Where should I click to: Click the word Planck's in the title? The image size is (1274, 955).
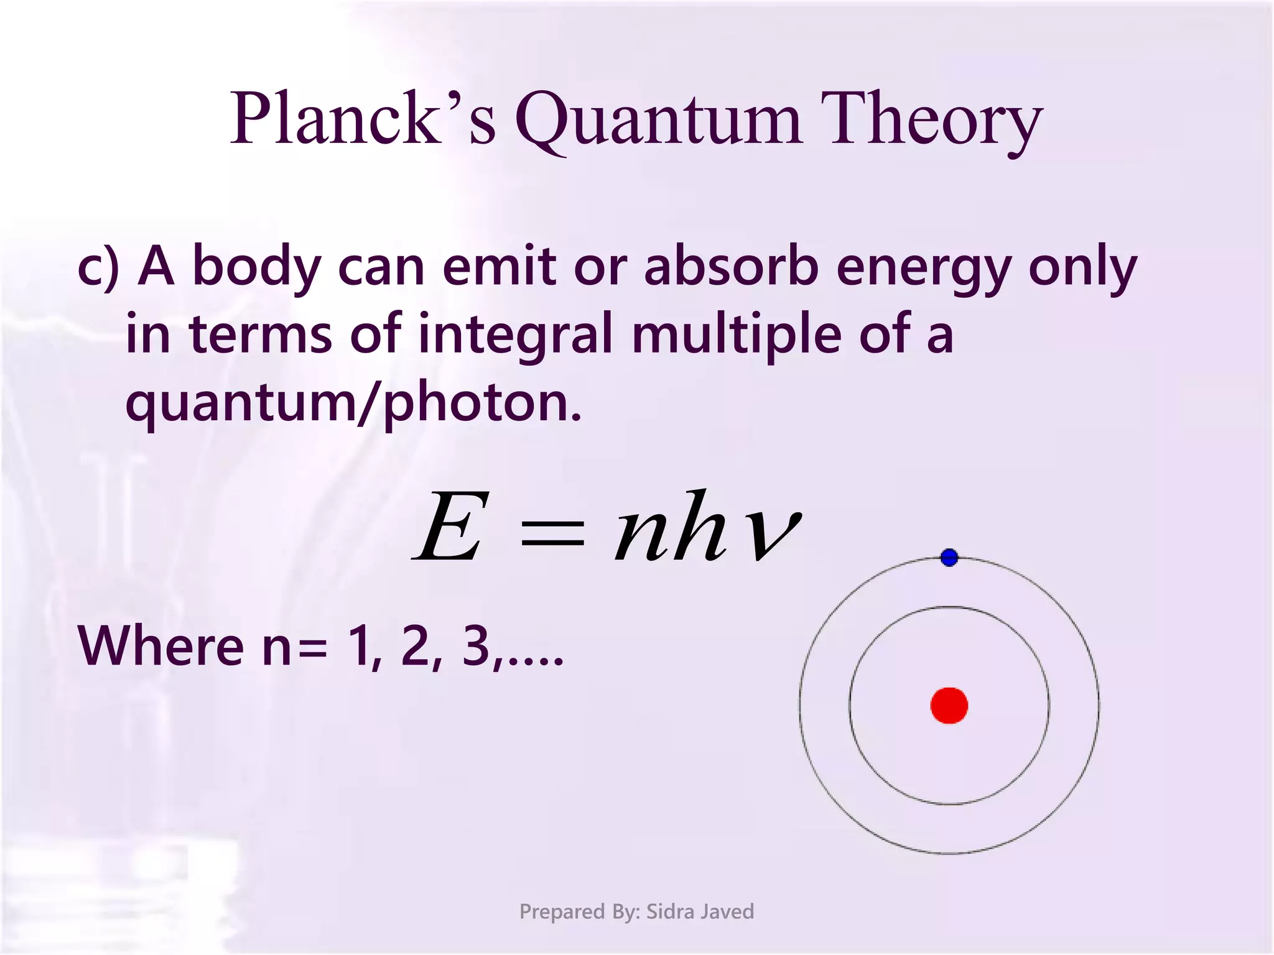(363, 118)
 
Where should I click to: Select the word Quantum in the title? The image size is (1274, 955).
(658, 119)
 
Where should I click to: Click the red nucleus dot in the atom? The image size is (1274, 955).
(949, 706)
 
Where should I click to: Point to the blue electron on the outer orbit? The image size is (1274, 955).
(949, 558)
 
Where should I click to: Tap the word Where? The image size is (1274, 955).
(160, 647)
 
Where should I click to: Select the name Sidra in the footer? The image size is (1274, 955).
(671, 911)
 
